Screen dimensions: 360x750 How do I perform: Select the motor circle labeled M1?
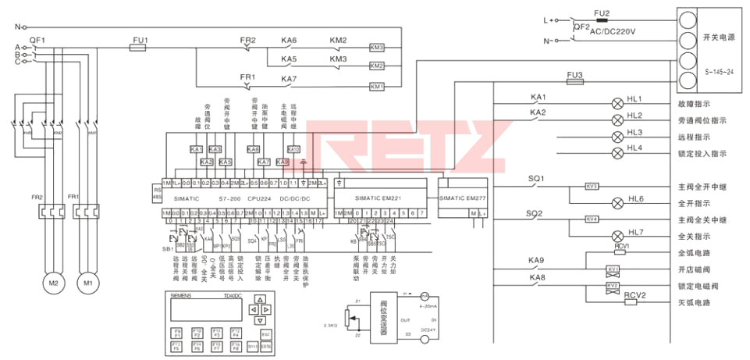[88, 283]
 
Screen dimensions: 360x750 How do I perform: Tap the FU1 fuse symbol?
[138, 48]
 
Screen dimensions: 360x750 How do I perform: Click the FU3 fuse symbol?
[575, 81]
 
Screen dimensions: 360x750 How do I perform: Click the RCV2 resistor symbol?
[631, 302]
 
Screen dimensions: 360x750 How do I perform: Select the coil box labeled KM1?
[377, 86]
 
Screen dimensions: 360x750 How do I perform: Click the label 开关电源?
[716, 37]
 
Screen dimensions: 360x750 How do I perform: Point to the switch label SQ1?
[536, 179]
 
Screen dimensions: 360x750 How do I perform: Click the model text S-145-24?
[719, 71]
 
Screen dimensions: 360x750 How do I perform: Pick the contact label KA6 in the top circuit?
[289, 41]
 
